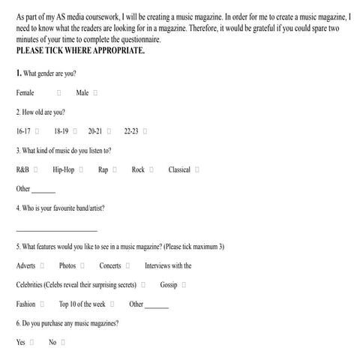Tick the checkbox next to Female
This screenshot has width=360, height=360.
(58, 93)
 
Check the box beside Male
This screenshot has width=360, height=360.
(96, 93)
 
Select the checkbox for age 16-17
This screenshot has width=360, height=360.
(37, 131)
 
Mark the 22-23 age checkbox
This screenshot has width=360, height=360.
(145, 131)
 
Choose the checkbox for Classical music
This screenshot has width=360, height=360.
(197, 170)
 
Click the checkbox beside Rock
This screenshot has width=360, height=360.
(151, 170)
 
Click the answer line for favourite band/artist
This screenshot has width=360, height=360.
(56, 229)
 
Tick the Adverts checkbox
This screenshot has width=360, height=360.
(43, 266)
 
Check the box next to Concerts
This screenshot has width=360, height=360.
(128, 266)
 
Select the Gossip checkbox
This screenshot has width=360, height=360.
(184, 286)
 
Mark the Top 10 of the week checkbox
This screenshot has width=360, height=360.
(112, 304)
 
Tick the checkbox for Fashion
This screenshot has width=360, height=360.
(42, 304)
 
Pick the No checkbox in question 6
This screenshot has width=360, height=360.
(64, 343)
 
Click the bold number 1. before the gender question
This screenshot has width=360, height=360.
(19, 73)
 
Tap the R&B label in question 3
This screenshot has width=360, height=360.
(22, 170)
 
